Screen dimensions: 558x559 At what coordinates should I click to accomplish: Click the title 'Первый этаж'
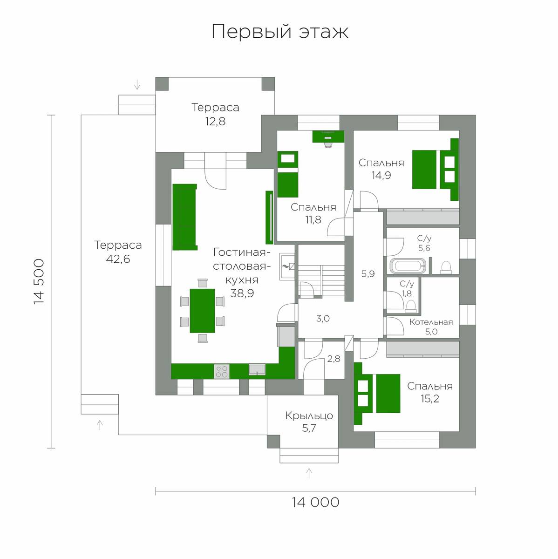[280, 32]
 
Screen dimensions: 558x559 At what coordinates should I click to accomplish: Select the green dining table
[202, 311]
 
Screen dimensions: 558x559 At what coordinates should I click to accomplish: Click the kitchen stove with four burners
[222, 371]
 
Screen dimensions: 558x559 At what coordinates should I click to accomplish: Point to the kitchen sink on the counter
[257, 369]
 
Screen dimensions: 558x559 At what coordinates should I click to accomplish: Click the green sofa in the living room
[185, 217]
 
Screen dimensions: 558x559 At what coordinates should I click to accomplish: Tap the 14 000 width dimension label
[315, 502]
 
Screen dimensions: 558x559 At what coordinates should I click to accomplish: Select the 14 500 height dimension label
[39, 281]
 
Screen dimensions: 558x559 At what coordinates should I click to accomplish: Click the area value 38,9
[242, 293]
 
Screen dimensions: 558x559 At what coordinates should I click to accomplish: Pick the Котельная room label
[431, 322]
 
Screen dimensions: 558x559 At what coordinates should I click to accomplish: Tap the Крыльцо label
[309, 416]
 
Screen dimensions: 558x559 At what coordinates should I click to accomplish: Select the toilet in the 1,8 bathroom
[410, 307]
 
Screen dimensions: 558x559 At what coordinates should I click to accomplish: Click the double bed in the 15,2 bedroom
[377, 393]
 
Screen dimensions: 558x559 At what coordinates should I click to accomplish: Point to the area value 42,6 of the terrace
[118, 259]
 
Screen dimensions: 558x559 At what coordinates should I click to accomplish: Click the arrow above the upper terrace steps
[137, 85]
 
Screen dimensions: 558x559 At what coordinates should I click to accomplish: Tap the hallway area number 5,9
[368, 273]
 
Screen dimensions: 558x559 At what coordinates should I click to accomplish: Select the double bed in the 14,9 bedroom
[436, 170]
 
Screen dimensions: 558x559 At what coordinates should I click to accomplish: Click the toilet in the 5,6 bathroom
[446, 267]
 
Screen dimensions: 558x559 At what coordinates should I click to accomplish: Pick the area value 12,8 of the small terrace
[215, 122]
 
